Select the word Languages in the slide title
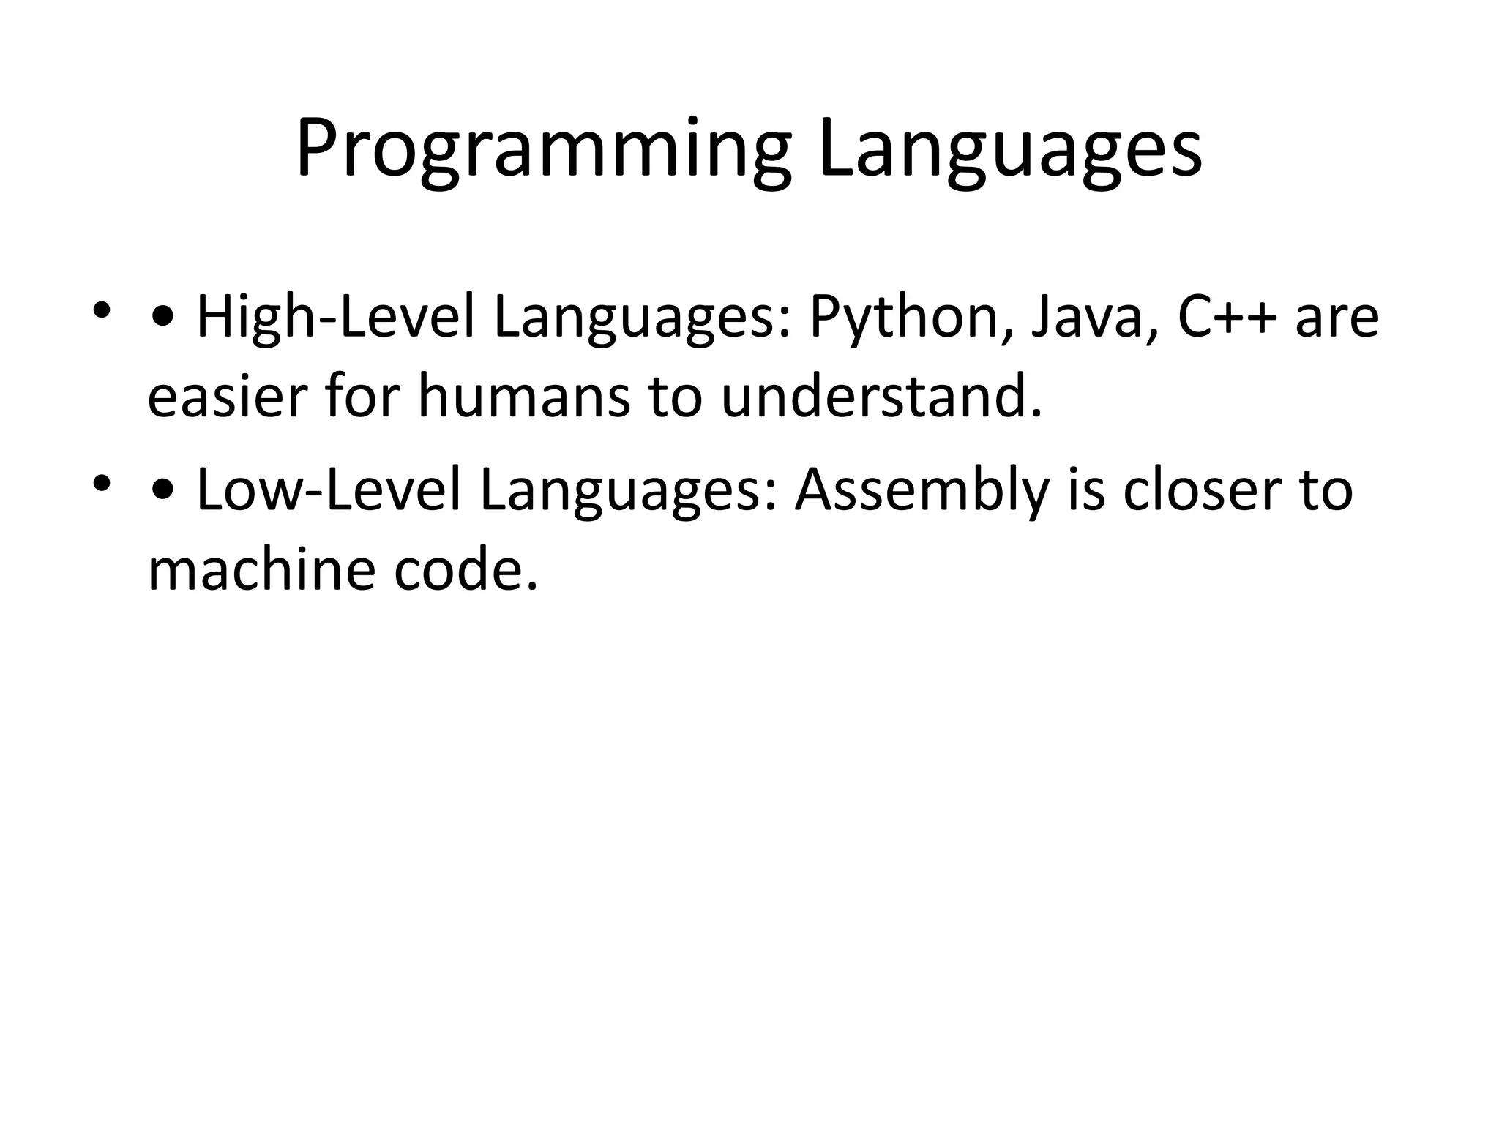pyautogui.click(x=1010, y=151)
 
